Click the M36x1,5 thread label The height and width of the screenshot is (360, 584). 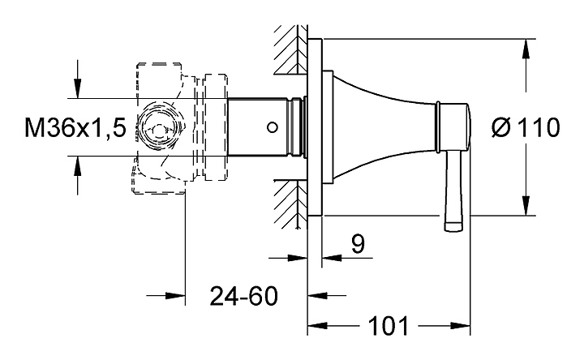pos(75,127)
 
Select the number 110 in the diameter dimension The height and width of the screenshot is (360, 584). pos(537,127)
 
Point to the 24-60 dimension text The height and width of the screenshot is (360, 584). pos(243,296)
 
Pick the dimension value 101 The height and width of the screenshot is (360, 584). pos(390,327)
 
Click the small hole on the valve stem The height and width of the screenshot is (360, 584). pos(272,126)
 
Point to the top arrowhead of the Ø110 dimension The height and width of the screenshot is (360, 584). pos(526,49)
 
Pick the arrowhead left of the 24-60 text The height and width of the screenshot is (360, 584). pos(176,296)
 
